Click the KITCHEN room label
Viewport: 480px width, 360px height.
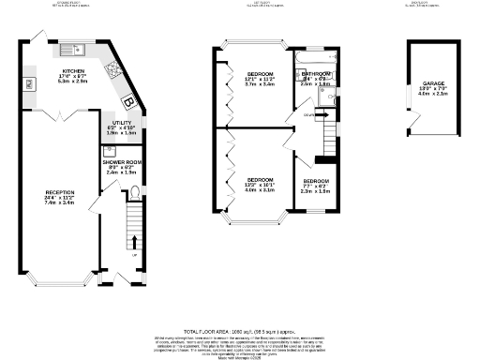pyautogui.click(x=74, y=71)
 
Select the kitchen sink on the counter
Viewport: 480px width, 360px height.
pyautogui.click(x=73, y=50)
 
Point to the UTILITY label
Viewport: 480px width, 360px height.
pyautogui.click(x=120, y=123)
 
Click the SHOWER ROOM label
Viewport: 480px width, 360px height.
pyautogui.click(x=121, y=161)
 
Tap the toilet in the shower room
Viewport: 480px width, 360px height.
pyautogui.click(x=137, y=194)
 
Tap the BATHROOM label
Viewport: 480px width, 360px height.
pyautogui.click(x=316, y=74)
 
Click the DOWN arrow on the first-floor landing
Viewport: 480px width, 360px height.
pyautogui.click(x=309, y=115)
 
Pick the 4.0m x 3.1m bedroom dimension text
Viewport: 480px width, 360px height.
pyautogui.click(x=260, y=189)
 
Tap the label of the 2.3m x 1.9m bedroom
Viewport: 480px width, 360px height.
pyautogui.click(x=315, y=181)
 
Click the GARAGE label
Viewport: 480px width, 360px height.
pyautogui.click(x=433, y=83)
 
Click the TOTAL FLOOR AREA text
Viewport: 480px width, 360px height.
pyautogui.click(x=240, y=332)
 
